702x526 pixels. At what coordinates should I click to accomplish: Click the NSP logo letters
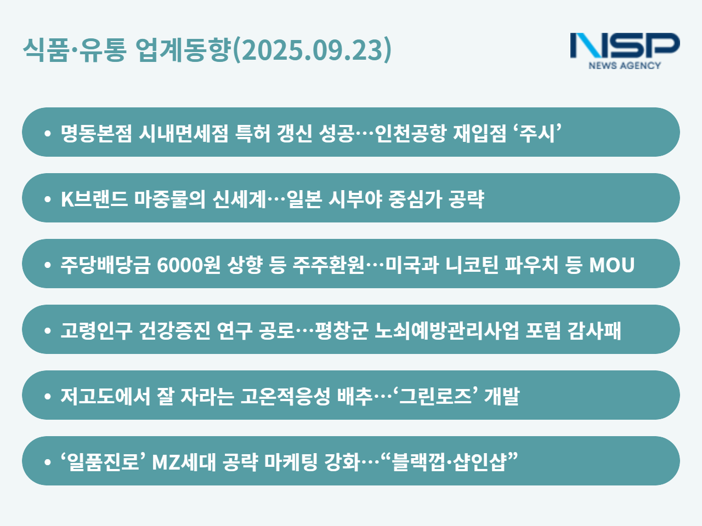tap(625, 45)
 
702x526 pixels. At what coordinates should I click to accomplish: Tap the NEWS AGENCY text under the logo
tap(625, 65)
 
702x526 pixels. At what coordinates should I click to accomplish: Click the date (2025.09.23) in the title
tap(313, 49)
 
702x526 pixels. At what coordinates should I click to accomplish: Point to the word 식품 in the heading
tap(46, 49)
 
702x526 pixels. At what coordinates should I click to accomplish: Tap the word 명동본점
tap(96, 133)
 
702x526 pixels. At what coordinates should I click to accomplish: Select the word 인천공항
tap(410, 133)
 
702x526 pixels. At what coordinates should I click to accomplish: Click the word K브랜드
tap(94, 199)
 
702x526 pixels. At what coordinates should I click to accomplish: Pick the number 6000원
tap(188, 265)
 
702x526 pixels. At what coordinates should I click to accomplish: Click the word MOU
tap(612, 265)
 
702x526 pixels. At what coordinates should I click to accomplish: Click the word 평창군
tap(341, 330)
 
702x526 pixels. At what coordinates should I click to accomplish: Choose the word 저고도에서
tap(105, 396)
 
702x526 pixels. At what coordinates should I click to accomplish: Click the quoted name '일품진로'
tap(103, 462)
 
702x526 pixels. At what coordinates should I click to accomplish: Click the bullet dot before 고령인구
tap(48, 330)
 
